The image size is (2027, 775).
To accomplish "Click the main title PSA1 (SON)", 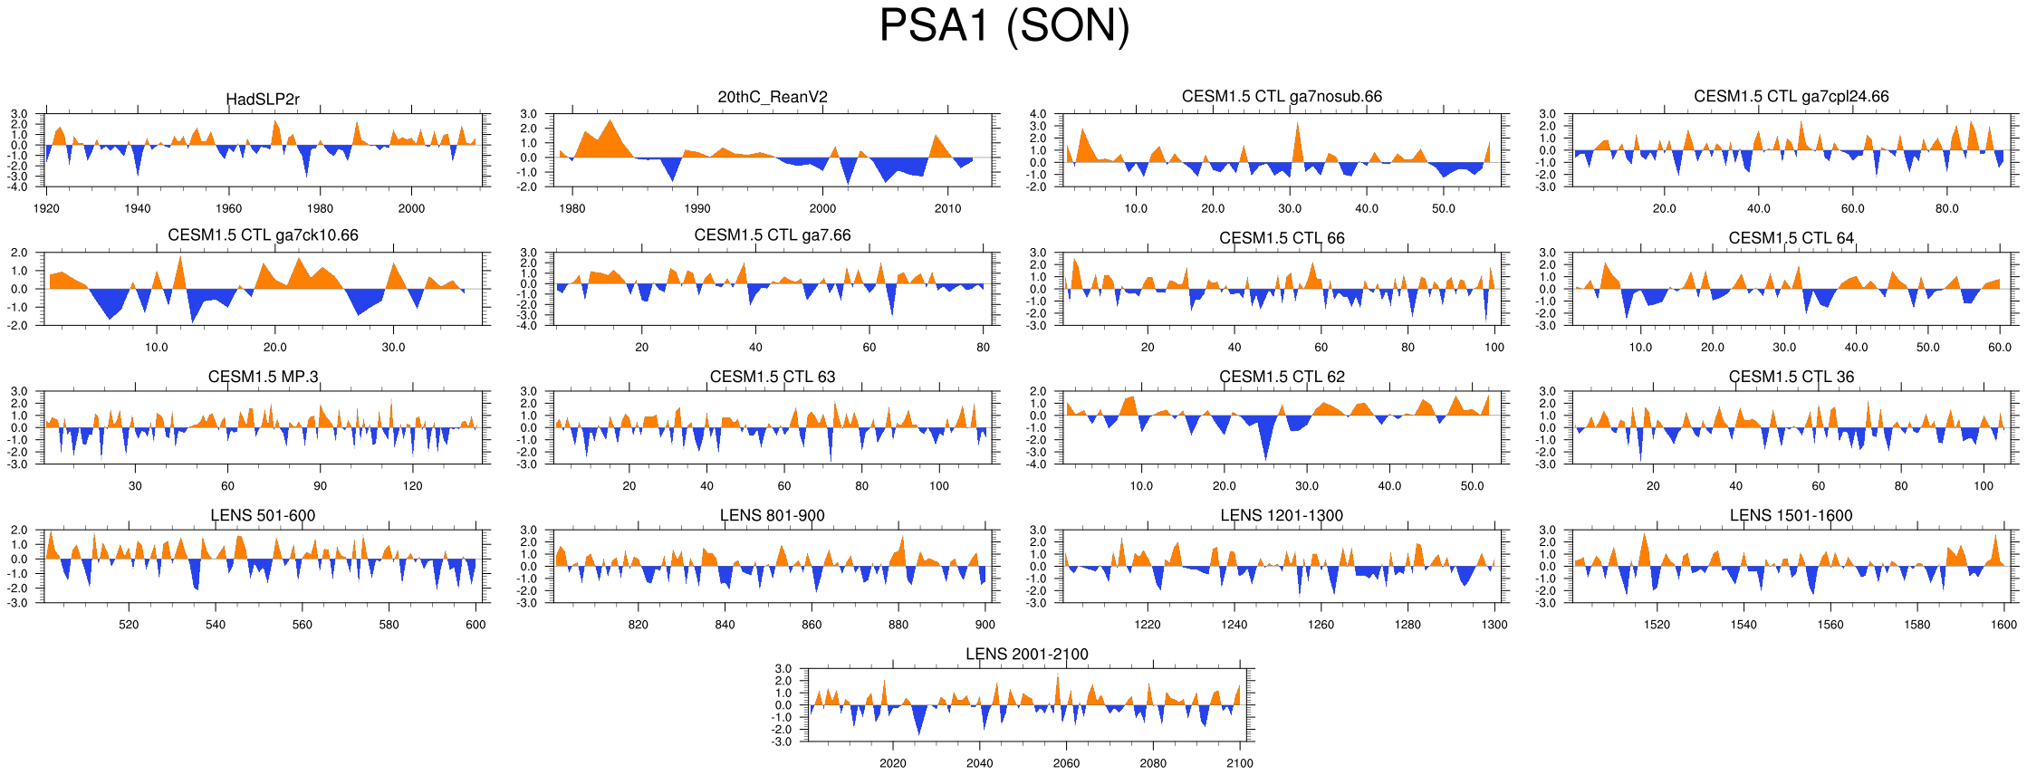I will tap(1004, 26).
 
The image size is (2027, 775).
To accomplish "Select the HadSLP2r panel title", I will tap(263, 99).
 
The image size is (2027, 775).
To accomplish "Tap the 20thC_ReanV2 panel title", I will tap(773, 97).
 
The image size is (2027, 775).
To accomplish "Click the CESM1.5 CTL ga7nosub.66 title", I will tap(1282, 96).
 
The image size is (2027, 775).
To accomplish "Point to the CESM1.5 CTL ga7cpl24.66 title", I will tap(1791, 96).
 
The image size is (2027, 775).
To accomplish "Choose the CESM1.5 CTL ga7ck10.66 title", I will tap(263, 235).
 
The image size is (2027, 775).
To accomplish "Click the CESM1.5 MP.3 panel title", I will tap(263, 377).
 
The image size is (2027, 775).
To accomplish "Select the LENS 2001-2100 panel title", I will tap(1027, 654).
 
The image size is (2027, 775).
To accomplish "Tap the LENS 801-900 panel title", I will tap(773, 515).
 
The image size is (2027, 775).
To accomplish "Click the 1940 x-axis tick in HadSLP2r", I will tap(138, 208).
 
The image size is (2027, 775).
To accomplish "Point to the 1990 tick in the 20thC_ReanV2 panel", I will tap(697, 208).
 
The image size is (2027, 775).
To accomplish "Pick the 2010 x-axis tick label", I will tap(948, 208).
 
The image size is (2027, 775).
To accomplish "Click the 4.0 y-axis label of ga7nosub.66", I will tap(1038, 114).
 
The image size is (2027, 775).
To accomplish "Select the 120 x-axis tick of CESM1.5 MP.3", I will tap(412, 486).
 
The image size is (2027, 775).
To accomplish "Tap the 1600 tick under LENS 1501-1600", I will tap(2004, 625).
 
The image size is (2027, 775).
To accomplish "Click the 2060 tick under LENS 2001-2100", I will tap(1066, 763).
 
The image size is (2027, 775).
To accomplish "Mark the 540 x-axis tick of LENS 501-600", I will tap(216, 625).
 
